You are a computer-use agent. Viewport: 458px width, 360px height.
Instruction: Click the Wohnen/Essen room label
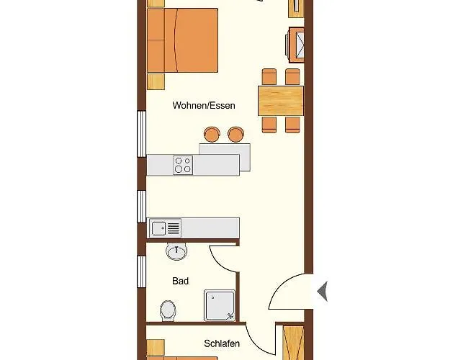click(204, 105)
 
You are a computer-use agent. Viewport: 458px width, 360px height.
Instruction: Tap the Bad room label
click(181, 281)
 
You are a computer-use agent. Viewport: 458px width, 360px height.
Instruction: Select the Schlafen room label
click(222, 343)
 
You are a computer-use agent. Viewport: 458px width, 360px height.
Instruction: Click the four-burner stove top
click(183, 166)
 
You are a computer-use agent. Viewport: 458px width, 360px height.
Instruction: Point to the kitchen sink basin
click(158, 228)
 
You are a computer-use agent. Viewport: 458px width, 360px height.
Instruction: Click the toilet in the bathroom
click(168, 310)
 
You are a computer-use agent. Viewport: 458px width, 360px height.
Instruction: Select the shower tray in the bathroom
click(220, 305)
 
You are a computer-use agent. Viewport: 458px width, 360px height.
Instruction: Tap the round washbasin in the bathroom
click(176, 251)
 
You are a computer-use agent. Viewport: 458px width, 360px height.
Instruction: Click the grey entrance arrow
click(323, 291)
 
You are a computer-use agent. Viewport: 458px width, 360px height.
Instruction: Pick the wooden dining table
click(281, 101)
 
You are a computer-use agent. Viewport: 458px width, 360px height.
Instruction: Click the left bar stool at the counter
click(212, 135)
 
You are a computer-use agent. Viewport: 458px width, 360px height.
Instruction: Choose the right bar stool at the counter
click(235, 135)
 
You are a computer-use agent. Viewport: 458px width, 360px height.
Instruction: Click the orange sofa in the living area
click(182, 40)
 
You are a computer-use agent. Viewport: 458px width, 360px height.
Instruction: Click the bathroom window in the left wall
click(142, 271)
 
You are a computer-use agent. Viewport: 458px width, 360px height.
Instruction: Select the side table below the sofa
click(156, 81)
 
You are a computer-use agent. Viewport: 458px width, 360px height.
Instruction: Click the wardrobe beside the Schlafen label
click(294, 343)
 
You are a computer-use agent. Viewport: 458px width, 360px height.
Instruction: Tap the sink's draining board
click(174, 228)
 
